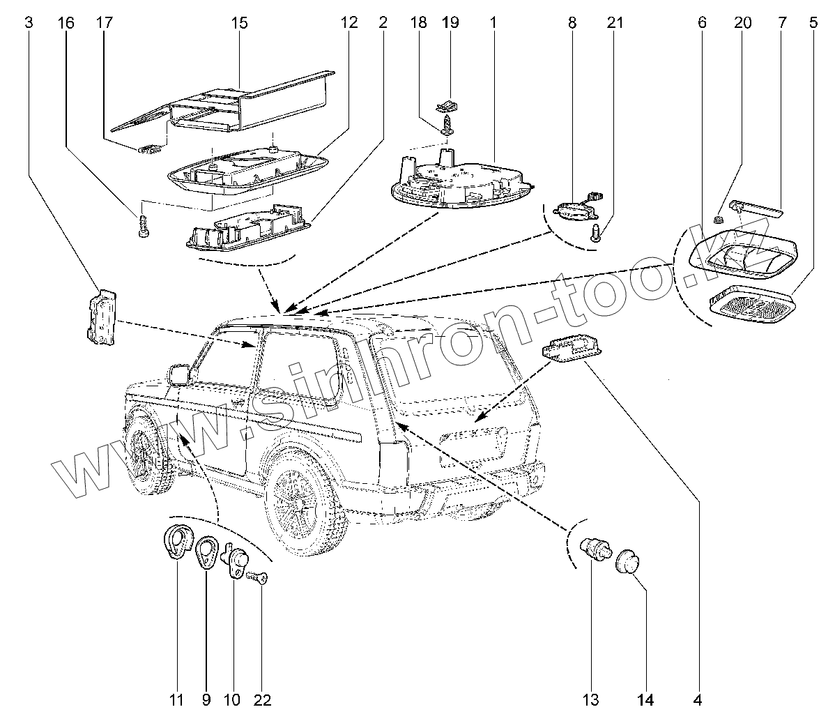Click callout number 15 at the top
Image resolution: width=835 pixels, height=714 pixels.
239,23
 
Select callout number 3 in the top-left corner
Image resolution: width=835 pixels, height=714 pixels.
28,23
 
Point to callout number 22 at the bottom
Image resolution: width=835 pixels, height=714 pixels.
263,699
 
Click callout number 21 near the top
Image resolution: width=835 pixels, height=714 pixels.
614,23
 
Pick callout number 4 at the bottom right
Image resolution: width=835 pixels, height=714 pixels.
697,699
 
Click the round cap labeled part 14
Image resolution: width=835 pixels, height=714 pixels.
627,561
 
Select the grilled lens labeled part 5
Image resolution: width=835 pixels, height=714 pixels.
751,306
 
